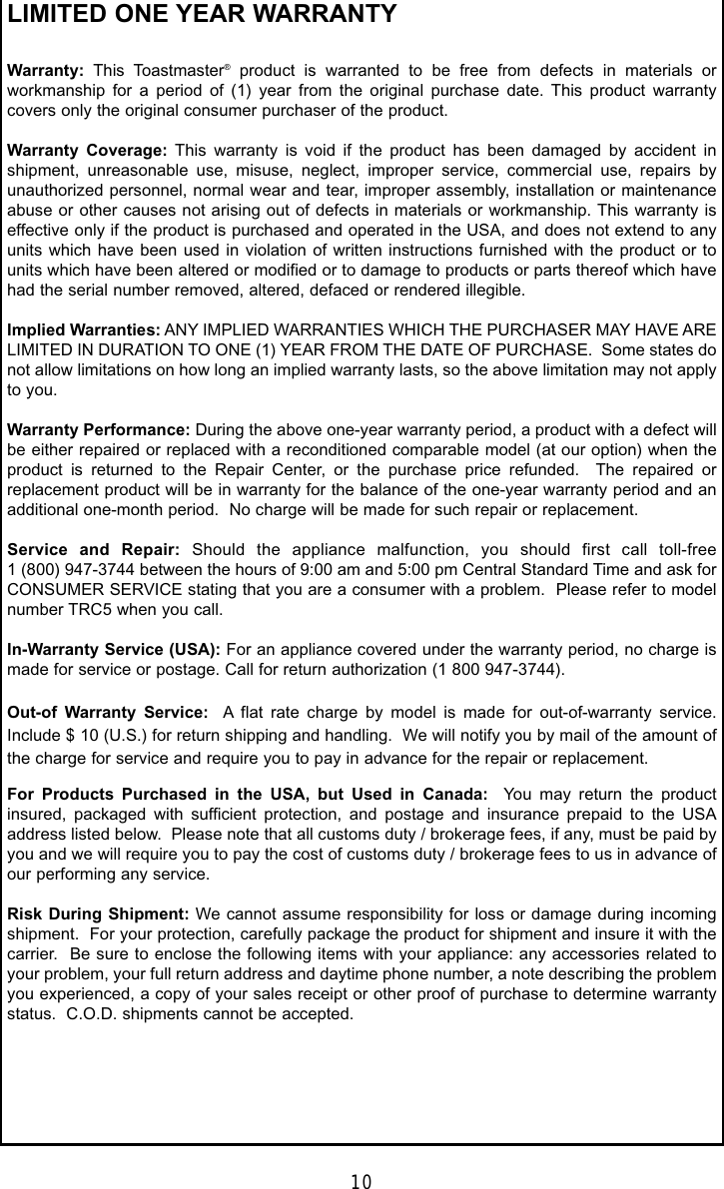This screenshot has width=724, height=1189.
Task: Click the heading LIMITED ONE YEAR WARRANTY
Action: [x=189, y=15]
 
